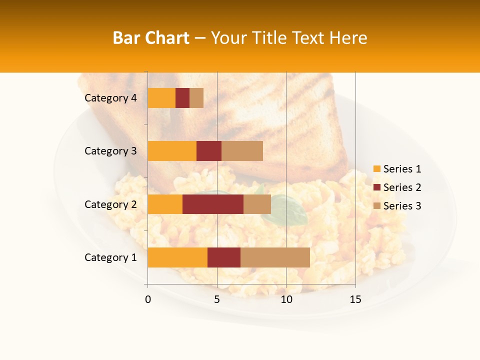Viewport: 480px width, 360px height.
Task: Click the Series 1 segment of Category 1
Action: click(177, 257)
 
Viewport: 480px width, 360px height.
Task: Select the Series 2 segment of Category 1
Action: click(224, 257)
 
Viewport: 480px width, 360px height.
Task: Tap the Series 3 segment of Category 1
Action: click(275, 257)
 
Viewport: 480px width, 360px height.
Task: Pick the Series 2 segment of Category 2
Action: click(213, 204)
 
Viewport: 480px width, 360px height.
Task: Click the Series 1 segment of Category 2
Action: click(165, 204)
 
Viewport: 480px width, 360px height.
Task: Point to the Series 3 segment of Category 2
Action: click(257, 204)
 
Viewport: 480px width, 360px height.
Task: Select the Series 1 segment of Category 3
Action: click(172, 151)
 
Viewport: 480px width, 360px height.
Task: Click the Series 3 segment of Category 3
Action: click(242, 151)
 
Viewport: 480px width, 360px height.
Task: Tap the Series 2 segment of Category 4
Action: click(182, 98)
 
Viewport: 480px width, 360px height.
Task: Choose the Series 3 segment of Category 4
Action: click(196, 98)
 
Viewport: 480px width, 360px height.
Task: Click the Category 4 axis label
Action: click(110, 98)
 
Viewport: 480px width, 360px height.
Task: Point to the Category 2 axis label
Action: click(110, 204)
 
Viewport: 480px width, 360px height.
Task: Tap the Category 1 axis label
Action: click(110, 257)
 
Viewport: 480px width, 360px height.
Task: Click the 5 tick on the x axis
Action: click(217, 299)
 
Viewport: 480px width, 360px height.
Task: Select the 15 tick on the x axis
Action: click(355, 299)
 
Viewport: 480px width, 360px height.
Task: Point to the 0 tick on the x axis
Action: click(148, 299)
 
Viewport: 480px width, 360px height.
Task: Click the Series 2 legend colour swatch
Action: click(377, 187)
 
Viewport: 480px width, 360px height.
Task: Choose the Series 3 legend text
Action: click(402, 206)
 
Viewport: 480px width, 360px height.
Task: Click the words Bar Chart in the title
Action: click(151, 38)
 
